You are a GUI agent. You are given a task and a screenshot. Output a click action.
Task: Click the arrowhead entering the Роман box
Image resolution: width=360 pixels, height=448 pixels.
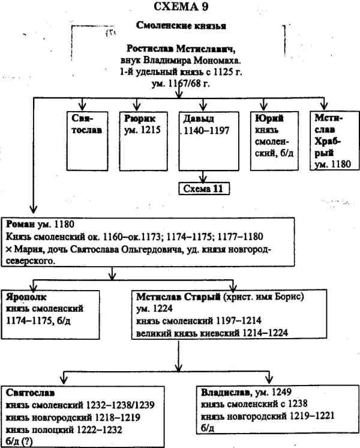click(x=30, y=214)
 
